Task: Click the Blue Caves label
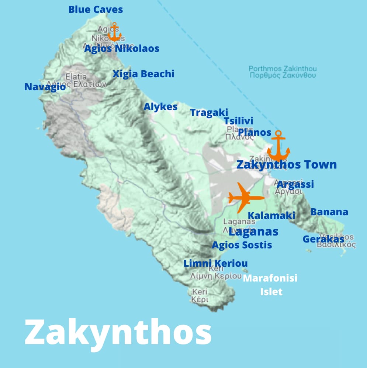tap(96, 10)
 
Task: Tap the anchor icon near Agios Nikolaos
tap(114, 32)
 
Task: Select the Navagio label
tap(45, 87)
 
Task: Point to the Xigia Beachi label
tap(143, 74)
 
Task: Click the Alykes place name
tap(160, 107)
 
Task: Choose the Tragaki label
tap(209, 113)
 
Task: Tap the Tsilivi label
tap(239, 121)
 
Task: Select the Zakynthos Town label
tap(287, 164)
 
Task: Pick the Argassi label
tap(295, 184)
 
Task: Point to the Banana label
tap(329, 212)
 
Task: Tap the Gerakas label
tap(323, 239)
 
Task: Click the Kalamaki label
tap(271, 215)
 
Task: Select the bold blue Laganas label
tap(253, 231)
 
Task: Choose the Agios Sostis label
tap(242, 245)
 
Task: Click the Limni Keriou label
tap(215, 263)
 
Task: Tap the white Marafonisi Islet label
tap(270, 284)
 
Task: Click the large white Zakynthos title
tap(118, 332)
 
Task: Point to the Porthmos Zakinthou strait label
tap(283, 72)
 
